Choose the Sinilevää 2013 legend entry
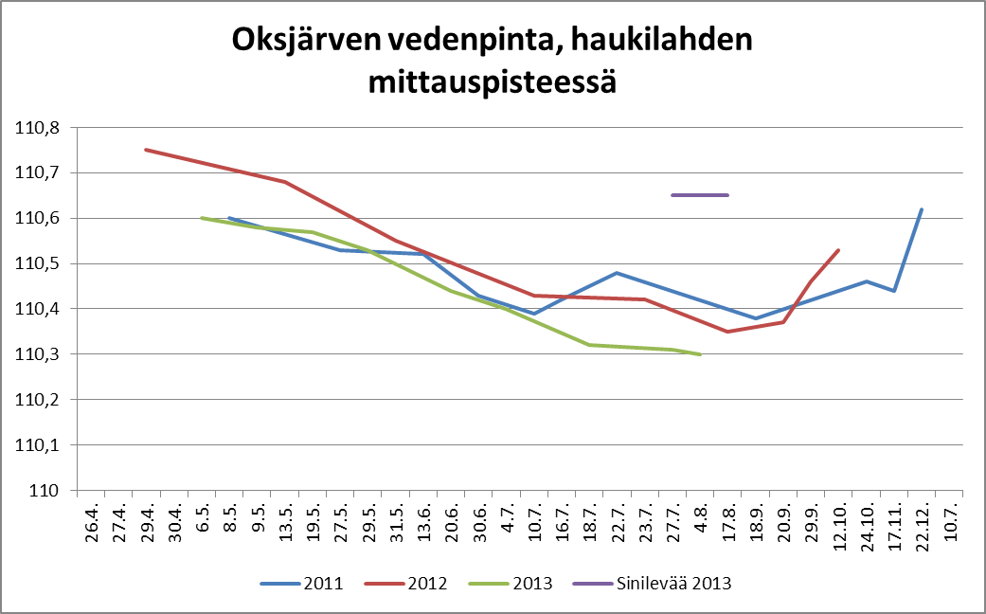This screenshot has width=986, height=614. tap(673, 584)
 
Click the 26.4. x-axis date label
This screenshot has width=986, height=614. tap(92, 521)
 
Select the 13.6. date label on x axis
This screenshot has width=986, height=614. tap(424, 521)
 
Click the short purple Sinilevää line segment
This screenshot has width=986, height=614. tap(700, 195)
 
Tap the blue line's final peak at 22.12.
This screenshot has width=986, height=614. tap(922, 209)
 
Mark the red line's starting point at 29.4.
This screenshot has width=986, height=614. tap(146, 150)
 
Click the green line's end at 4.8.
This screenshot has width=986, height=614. tap(700, 354)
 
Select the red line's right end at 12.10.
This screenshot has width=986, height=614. tap(839, 250)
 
